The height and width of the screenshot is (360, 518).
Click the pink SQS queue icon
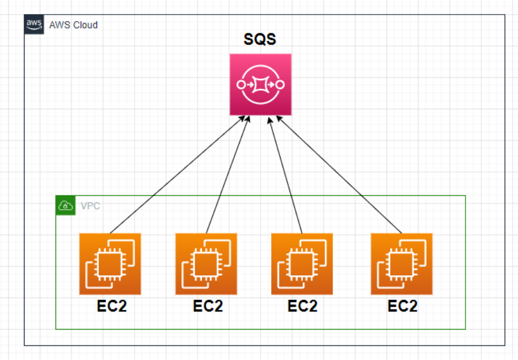[x=260, y=84]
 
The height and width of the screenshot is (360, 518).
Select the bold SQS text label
[x=260, y=40]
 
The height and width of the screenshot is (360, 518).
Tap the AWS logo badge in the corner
[x=33, y=25]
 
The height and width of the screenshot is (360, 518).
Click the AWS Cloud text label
[x=73, y=25]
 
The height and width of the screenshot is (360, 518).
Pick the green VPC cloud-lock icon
[x=65, y=205]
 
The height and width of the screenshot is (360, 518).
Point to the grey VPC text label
[x=90, y=206]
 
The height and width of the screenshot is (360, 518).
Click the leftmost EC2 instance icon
[x=110, y=264]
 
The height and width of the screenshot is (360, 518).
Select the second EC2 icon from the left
[x=206, y=264]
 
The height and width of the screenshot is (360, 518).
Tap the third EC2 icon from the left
[x=302, y=264]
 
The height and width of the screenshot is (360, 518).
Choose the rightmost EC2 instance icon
[x=401, y=264]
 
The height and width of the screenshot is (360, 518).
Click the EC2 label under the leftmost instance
[x=111, y=306]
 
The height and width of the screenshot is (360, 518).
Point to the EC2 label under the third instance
[x=302, y=306]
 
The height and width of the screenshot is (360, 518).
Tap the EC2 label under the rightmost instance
[x=403, y=306]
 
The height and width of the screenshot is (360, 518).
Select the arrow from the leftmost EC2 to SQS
[x=175, y=175]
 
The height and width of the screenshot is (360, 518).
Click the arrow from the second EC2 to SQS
[x=228, y=175]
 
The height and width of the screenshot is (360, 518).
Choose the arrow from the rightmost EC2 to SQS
[x=339, y=175]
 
